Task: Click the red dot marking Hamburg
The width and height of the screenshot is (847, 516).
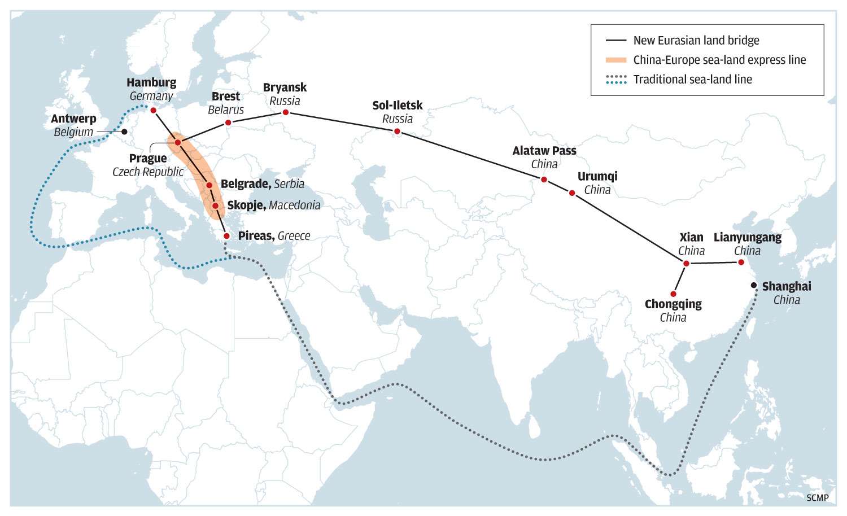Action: [x=153, y=111]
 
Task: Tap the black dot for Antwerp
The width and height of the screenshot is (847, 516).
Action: [x=125, y=132]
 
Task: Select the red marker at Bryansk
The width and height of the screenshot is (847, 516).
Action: [x=286, y=112]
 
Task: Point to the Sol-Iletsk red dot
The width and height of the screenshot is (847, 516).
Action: [x=397, y=132]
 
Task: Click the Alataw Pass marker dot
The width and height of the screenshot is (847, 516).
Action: [x=544, y=180]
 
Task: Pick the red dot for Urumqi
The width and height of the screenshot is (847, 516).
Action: [x=572, y=193]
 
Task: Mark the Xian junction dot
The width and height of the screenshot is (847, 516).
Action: [x=686, y=264]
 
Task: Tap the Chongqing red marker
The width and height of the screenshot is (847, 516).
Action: [x=674, y=294]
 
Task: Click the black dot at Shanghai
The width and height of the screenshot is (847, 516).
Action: [x=754, y=285]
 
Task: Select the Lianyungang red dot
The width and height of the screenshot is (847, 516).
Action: [x=741, y=262]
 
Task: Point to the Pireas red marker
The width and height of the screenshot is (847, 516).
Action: [x=226, y=236]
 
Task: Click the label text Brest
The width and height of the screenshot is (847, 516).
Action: [x=226, y=97]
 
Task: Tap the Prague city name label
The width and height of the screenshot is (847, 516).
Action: [x=148, y=159]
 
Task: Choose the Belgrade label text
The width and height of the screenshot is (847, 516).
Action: [x=245, y=184]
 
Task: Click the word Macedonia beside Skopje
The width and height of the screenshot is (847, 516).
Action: [x=294, y=205]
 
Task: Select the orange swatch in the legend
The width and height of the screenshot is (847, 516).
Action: [x=616, y=60]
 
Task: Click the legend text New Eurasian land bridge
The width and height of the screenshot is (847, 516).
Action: [x=696, y=41]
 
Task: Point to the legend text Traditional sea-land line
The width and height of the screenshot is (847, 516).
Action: [x=692, y=80]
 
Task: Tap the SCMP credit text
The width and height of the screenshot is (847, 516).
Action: [x=818, y=497]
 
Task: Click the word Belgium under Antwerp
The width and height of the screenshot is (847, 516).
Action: [x=73, y=132]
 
